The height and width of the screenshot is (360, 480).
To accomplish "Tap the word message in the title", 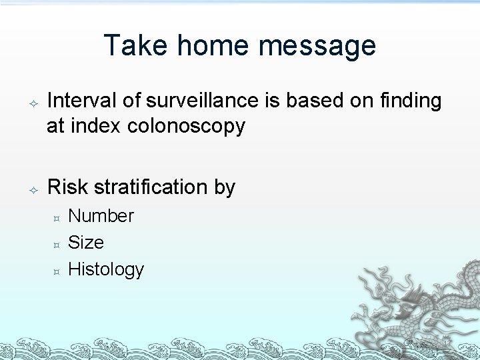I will tap(317, 47).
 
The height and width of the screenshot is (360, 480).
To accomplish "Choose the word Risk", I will tap(67, 187).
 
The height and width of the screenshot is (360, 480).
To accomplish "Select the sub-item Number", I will tap(101, 216).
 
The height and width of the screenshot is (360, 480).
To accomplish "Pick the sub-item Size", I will tap(86, 243).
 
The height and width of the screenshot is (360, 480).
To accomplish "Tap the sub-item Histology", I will tap(106, 270).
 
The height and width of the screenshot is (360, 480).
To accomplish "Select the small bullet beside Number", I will tap(57, 218).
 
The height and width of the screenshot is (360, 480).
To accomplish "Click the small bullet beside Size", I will tap(57, 245).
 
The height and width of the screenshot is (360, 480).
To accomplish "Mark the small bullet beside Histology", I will tap(57, 271).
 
